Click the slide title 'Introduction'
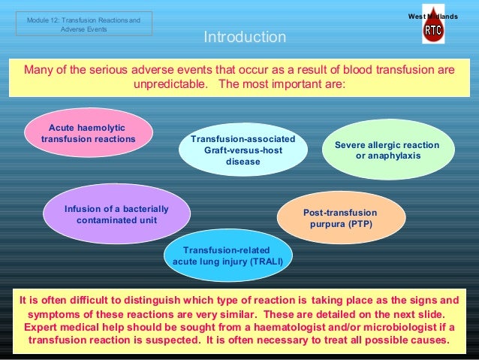pyautogui.click(x=245, y=38)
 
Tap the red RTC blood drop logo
pyautogui.click(x=433, y=30)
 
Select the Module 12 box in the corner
pyautogui.click(x=83, y=24)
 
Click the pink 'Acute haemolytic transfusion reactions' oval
pyautogui.click(x=89, y=134)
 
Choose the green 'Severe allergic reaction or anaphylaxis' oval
pyautogui.click(x=387, y=150)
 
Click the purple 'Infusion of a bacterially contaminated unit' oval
pyautogui.click(x=116, y=214)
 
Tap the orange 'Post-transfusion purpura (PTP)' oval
pyautogui.click(x=341, y=219)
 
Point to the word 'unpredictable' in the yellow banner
pyautogui.click(x=170, y=84)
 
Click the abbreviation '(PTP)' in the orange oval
pyautogui.click(x=357, y=225)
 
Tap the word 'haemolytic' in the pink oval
pyautogui.click(x=101, y=128)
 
